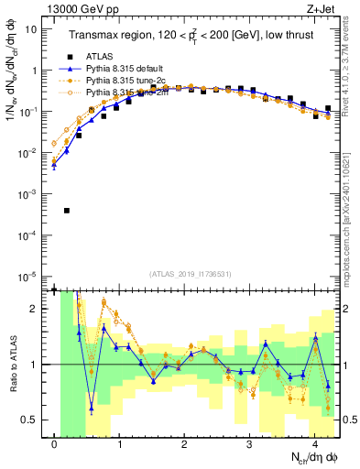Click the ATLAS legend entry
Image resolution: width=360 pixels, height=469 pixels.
coord(99,57)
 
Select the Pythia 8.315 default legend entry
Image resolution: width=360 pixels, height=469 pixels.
coord(124,69)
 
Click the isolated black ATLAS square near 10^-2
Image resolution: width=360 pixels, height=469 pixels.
coord(67,211)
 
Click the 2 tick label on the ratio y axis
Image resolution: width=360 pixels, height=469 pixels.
coord(34,309)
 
